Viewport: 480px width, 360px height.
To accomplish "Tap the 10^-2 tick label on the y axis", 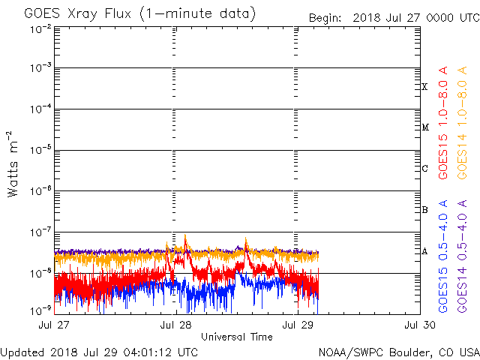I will coord(40,29).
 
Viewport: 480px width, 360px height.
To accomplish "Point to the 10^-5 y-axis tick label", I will coord(40,151).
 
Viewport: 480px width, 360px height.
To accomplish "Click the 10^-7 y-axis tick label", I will coord(40,232).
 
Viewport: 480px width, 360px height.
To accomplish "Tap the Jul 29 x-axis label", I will coord(296,325).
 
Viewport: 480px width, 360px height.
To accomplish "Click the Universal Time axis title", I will coord(236,337).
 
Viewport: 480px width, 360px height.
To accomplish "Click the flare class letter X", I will coord(424,87).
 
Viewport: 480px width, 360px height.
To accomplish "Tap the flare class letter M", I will coord(424,127).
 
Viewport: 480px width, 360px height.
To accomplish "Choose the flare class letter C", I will coord(424,169).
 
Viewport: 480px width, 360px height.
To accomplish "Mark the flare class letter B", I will coord(424,210).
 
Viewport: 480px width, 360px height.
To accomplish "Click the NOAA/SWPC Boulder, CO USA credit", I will coord(398,352).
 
